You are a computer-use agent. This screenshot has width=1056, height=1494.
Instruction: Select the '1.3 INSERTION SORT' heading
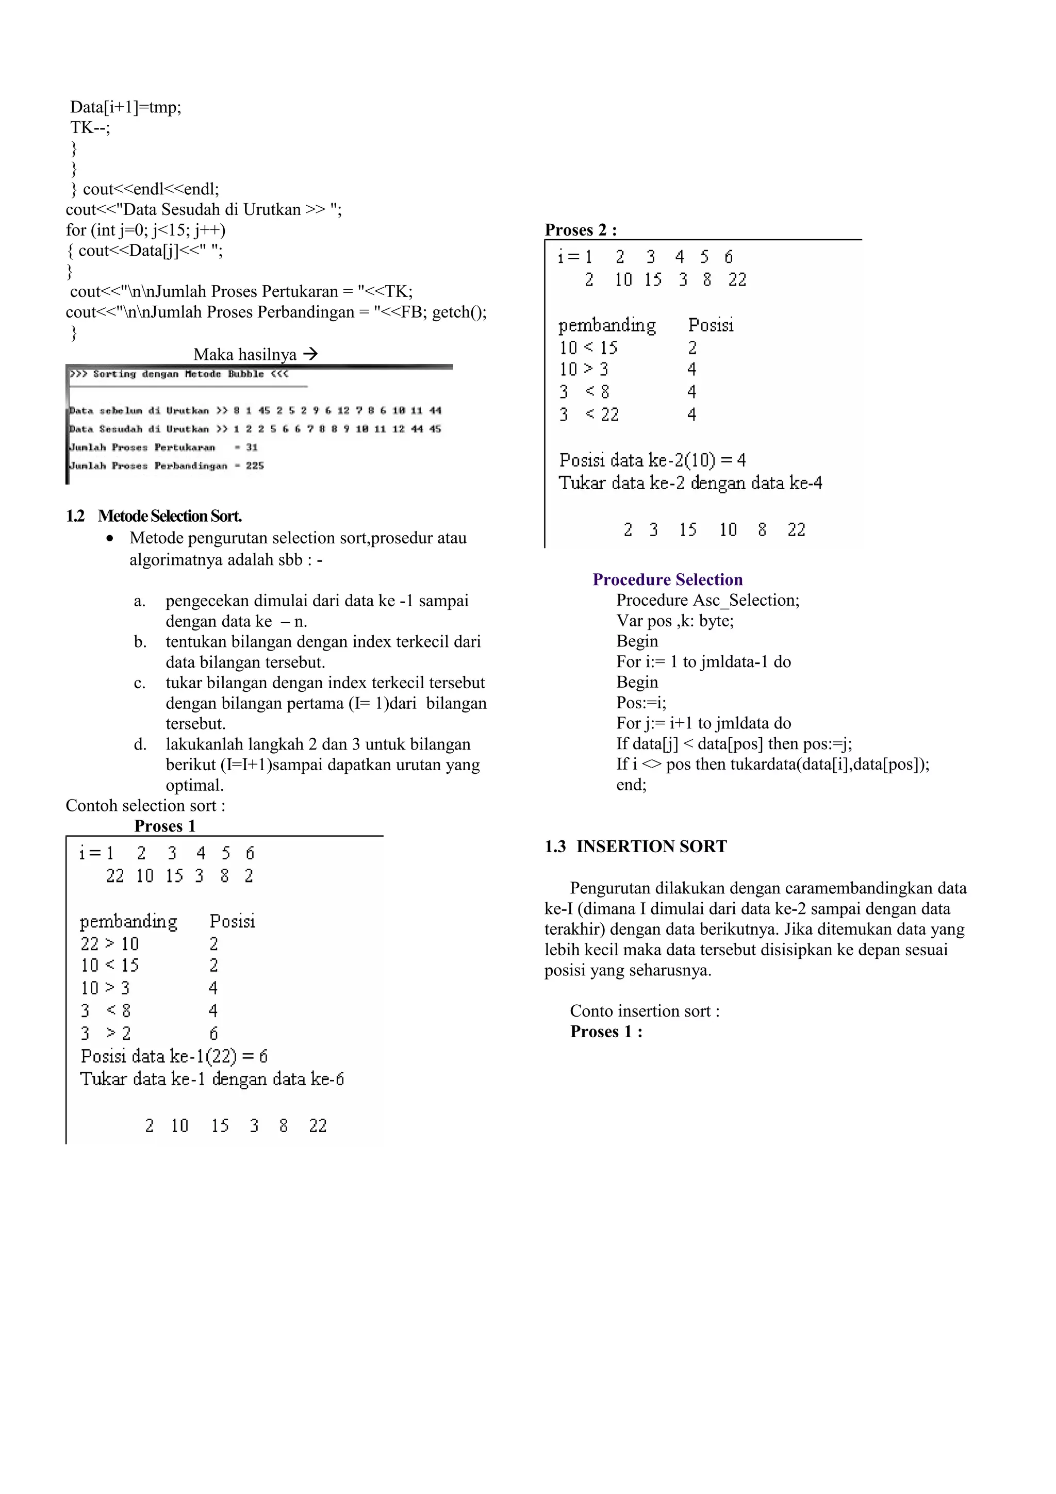[x=636, y=846]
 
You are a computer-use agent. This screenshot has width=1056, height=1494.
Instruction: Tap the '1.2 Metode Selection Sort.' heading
[x=154, y=516]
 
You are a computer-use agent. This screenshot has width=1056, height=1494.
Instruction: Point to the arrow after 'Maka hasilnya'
[x=311, y=354]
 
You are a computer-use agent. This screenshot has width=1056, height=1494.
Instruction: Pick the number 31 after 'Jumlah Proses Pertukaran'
[x=252, y=447]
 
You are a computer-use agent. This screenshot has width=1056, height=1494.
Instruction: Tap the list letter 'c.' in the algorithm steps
[x=139, y=683]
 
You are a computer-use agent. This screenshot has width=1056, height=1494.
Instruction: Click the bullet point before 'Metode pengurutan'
[x=112, y=539]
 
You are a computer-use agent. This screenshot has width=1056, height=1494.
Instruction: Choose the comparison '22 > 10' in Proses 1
[x=109, y=943]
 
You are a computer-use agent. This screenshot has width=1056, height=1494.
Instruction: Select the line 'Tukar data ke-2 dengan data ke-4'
[x=690, y=483]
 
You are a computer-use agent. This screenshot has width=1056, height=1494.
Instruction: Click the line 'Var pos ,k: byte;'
[x=675, y=620]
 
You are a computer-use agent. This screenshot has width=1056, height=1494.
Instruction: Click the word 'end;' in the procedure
[x=631, y=784]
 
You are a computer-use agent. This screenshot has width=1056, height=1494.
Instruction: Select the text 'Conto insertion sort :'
[x=644, y=1010]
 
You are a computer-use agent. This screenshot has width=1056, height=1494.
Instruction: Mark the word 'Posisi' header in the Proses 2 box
[x=711, y=325]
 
